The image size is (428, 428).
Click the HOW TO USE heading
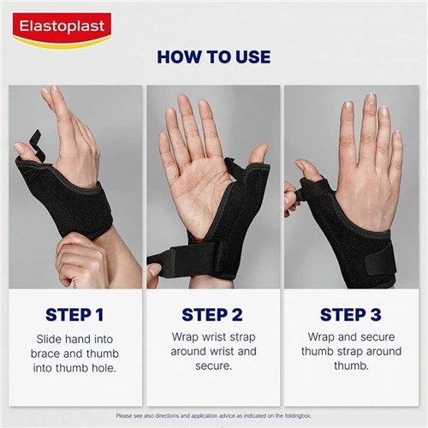pos(213,57)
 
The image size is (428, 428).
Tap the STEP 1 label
pos(75,313)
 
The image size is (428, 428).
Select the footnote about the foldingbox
pos(214,416)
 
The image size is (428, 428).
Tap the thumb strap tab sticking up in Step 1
pos(34,140)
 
